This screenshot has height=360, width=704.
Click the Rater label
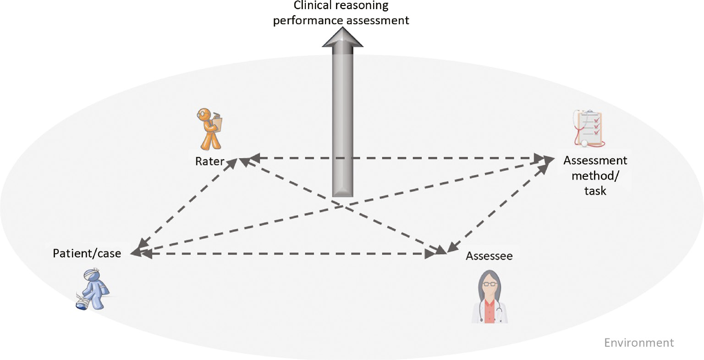coord(209,161)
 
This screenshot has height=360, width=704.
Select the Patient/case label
coord(87,253)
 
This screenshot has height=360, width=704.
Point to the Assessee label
coord(489,256)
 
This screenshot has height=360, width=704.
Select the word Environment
coord(639,343)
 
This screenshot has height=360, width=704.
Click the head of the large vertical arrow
coord(342,38)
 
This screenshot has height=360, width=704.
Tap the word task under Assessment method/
coord(595,191)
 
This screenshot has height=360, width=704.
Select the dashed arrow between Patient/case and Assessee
coord(284,254)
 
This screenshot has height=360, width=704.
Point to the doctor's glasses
coord(489,284)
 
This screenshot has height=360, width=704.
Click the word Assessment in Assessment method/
coord(595,161)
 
